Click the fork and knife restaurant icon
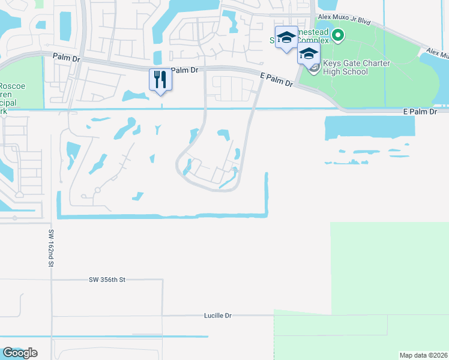click(160, 79)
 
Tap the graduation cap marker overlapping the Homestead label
click(286, 37)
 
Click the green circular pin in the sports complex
click(337, 35)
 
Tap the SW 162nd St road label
click(52, 247)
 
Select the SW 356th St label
click(107, 280)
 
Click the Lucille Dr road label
click(218, 315)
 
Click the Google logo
click(20, 353)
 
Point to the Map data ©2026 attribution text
click(423, 355)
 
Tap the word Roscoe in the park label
click(12, 86)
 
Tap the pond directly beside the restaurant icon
click(136, 95)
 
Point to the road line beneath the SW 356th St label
click(107, 285)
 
